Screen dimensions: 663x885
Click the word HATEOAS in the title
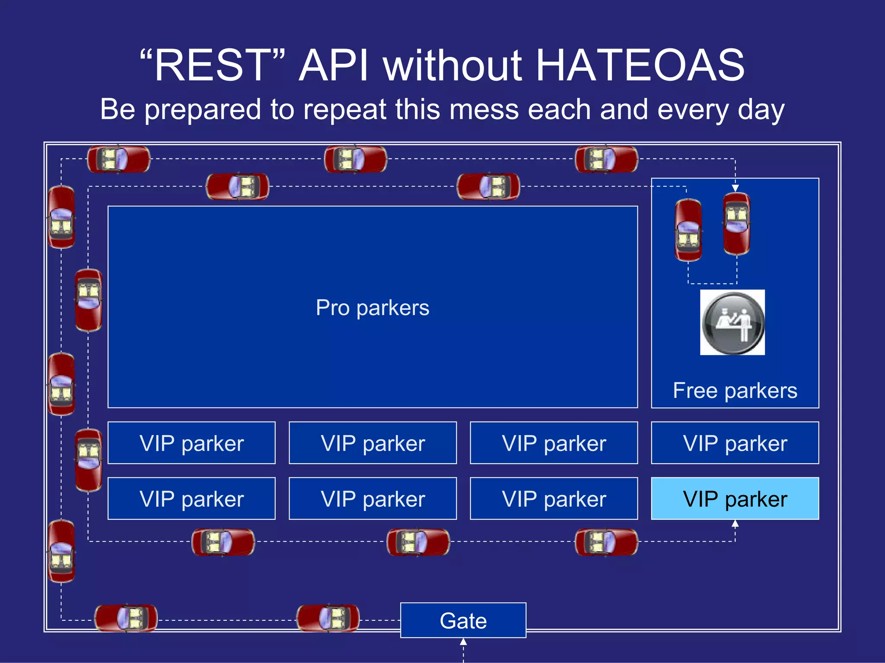pyautogui.click(x=640, y=66)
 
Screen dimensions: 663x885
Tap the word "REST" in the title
pyautogui.click(x=213, y=66)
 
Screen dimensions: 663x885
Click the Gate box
pyautogui.click(x=463, y=620)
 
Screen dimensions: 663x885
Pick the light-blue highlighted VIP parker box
pyautogui.click(x=735, y=499)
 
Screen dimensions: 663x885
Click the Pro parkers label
pyautogui.click(x=372, y=308)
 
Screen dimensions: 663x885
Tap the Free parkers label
pyautogui.click(x=735, y=391)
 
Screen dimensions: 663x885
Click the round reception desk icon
pyautogui.click(x=732, y=322)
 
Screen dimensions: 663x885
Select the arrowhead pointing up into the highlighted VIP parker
pyautogui.click(x=735, y=524)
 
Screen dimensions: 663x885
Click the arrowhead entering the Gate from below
pyautogui.click(x=463, y=642)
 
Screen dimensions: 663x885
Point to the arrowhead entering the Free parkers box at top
pyautogui.click(x=735, y=188)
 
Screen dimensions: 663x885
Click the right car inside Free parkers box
pyautogui.click(x=737, y=224)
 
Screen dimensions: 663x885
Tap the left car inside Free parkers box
pyautogui.click(x=688, y=230)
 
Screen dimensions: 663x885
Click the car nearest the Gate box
pyautogui.click(x=328, y=618)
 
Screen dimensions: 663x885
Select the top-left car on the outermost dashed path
pyautogui.click(x=118, y=159)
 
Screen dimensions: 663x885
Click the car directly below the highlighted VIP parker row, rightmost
pyautogui.click(x=606, y=542)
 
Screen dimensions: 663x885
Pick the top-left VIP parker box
pyautogui.click(x=191, y=443)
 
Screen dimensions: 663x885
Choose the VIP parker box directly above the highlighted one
pyautogui.click(x=735, y=443)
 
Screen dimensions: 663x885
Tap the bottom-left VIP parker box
pyautogui.click(x=191, y=499)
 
